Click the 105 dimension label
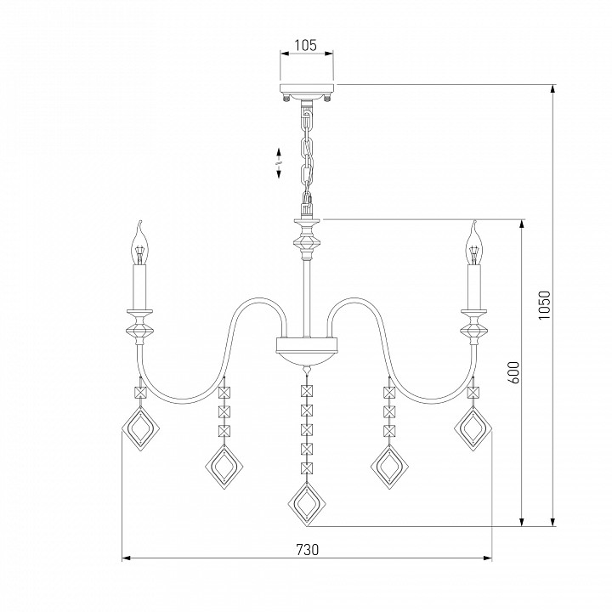tap(305, 45)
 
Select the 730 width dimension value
tap(307, 550)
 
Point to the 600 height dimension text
tap(514, 373)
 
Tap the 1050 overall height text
tap(544, 305)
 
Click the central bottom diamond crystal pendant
tap(307, 505)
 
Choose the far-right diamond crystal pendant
tap(473, 428)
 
